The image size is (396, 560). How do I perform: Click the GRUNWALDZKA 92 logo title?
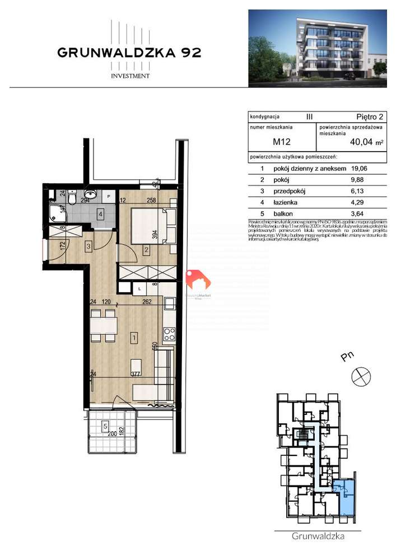point(129,53)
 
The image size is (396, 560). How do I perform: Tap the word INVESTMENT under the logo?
point(129,76)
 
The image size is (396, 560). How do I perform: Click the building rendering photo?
point(318,49)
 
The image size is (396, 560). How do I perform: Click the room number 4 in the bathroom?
point(100,213)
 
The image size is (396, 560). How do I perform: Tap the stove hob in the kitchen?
point(169,334)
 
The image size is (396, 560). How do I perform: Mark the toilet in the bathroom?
point(72,198)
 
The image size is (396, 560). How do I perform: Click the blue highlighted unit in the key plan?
point(347,497)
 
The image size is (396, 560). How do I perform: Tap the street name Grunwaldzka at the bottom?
point(318,536)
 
